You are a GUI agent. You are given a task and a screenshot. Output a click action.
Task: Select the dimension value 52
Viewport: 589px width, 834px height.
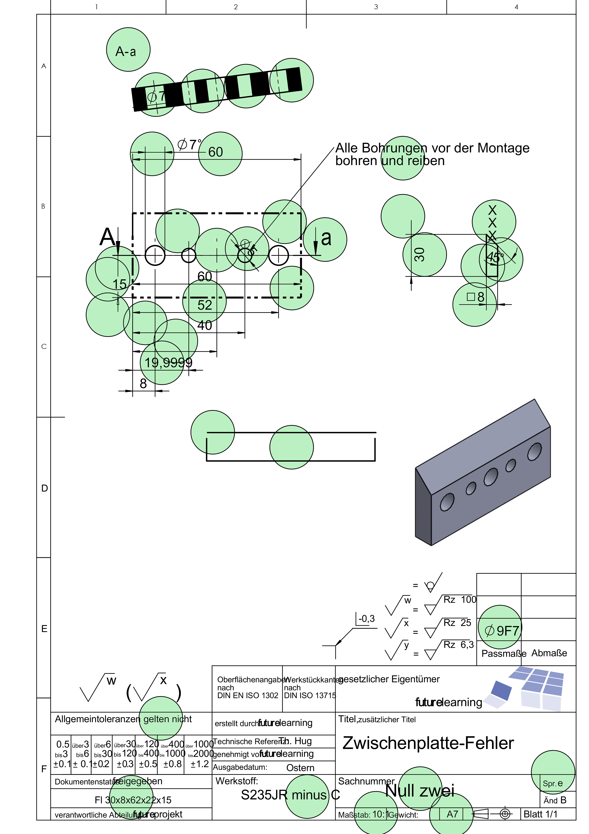[204, 305]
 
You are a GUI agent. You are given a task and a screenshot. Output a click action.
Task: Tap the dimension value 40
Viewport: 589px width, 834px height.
[204, 325]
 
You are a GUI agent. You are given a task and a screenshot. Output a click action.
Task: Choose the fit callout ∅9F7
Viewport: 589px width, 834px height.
[502, 631]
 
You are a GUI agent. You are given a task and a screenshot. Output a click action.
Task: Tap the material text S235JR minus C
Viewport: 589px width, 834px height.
[290, 795]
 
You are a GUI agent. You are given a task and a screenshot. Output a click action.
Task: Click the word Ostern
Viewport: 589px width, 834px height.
[300, 768]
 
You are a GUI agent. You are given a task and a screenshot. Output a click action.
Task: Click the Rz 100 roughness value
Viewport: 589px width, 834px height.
[459, 600]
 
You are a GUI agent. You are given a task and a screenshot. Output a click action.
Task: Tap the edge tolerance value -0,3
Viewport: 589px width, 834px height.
[366, 619]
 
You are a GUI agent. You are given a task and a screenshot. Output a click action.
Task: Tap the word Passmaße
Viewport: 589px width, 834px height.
[504, 653]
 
